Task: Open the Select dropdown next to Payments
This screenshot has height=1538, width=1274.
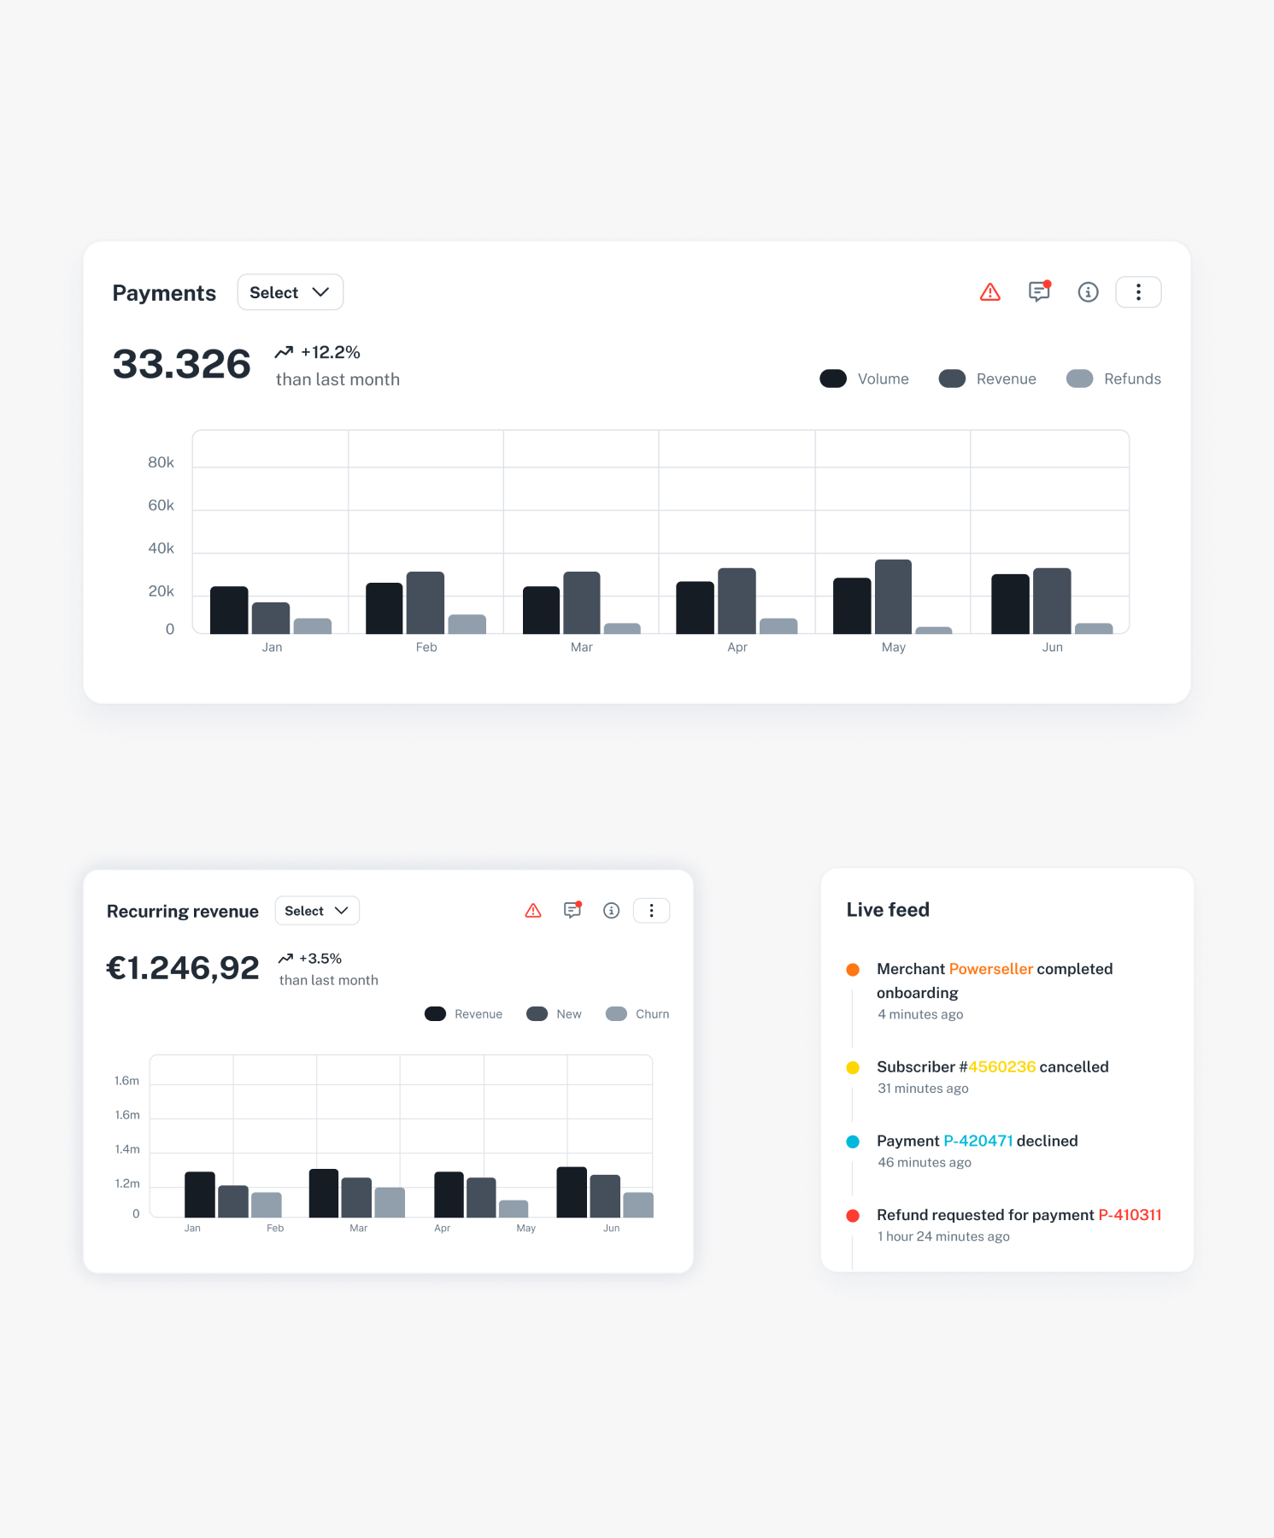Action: pyautogui.click(x=290, y=292)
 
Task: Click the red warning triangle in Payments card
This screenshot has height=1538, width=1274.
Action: pyautogui.click(x=989, y=292)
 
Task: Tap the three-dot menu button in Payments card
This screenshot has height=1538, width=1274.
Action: pyautogui.click(x=1137, y=292)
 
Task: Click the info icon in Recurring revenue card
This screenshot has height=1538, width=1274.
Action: pyautogui.click(x=611, y=911)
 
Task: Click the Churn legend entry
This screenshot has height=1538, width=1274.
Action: pyautogui.click(x=637, y=1014)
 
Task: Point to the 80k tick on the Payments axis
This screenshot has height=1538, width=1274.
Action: pyautogui.click(x=161, y=462)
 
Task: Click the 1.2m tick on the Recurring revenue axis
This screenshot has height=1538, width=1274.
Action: pyautogui.click(x=127, y=1183)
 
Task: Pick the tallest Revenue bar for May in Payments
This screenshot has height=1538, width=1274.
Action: pyautogui.click(x=893, y=596)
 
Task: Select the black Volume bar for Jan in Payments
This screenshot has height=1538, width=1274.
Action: pyautogui.click(x=229, y=610)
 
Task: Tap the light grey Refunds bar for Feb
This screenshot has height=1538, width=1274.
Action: pyautogui.click(x=467, y=624)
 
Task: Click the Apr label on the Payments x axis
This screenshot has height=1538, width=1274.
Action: pyautogui.click(x=737, y=648)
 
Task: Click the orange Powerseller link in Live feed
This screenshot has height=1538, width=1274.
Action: pyautogui.click(x=990, y=969)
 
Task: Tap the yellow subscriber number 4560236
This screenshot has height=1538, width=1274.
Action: pyautogui.click(x=1001, y=1067)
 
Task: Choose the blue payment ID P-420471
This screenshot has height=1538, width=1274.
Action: pyautogui.click(x=978, y=1142)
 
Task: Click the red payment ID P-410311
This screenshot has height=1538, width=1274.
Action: pyautogui.click(x=1130, y=1215)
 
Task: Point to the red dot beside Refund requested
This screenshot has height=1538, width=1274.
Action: pyautogui.click(x=853, y=1216)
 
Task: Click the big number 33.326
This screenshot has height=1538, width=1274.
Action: pyautogui.click(x=182, y=365)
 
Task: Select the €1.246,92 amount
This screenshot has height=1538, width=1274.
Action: pyautogui.click(x=183, y=968)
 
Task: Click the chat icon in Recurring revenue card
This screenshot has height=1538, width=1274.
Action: pyautogui.click(x=572, y=911)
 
